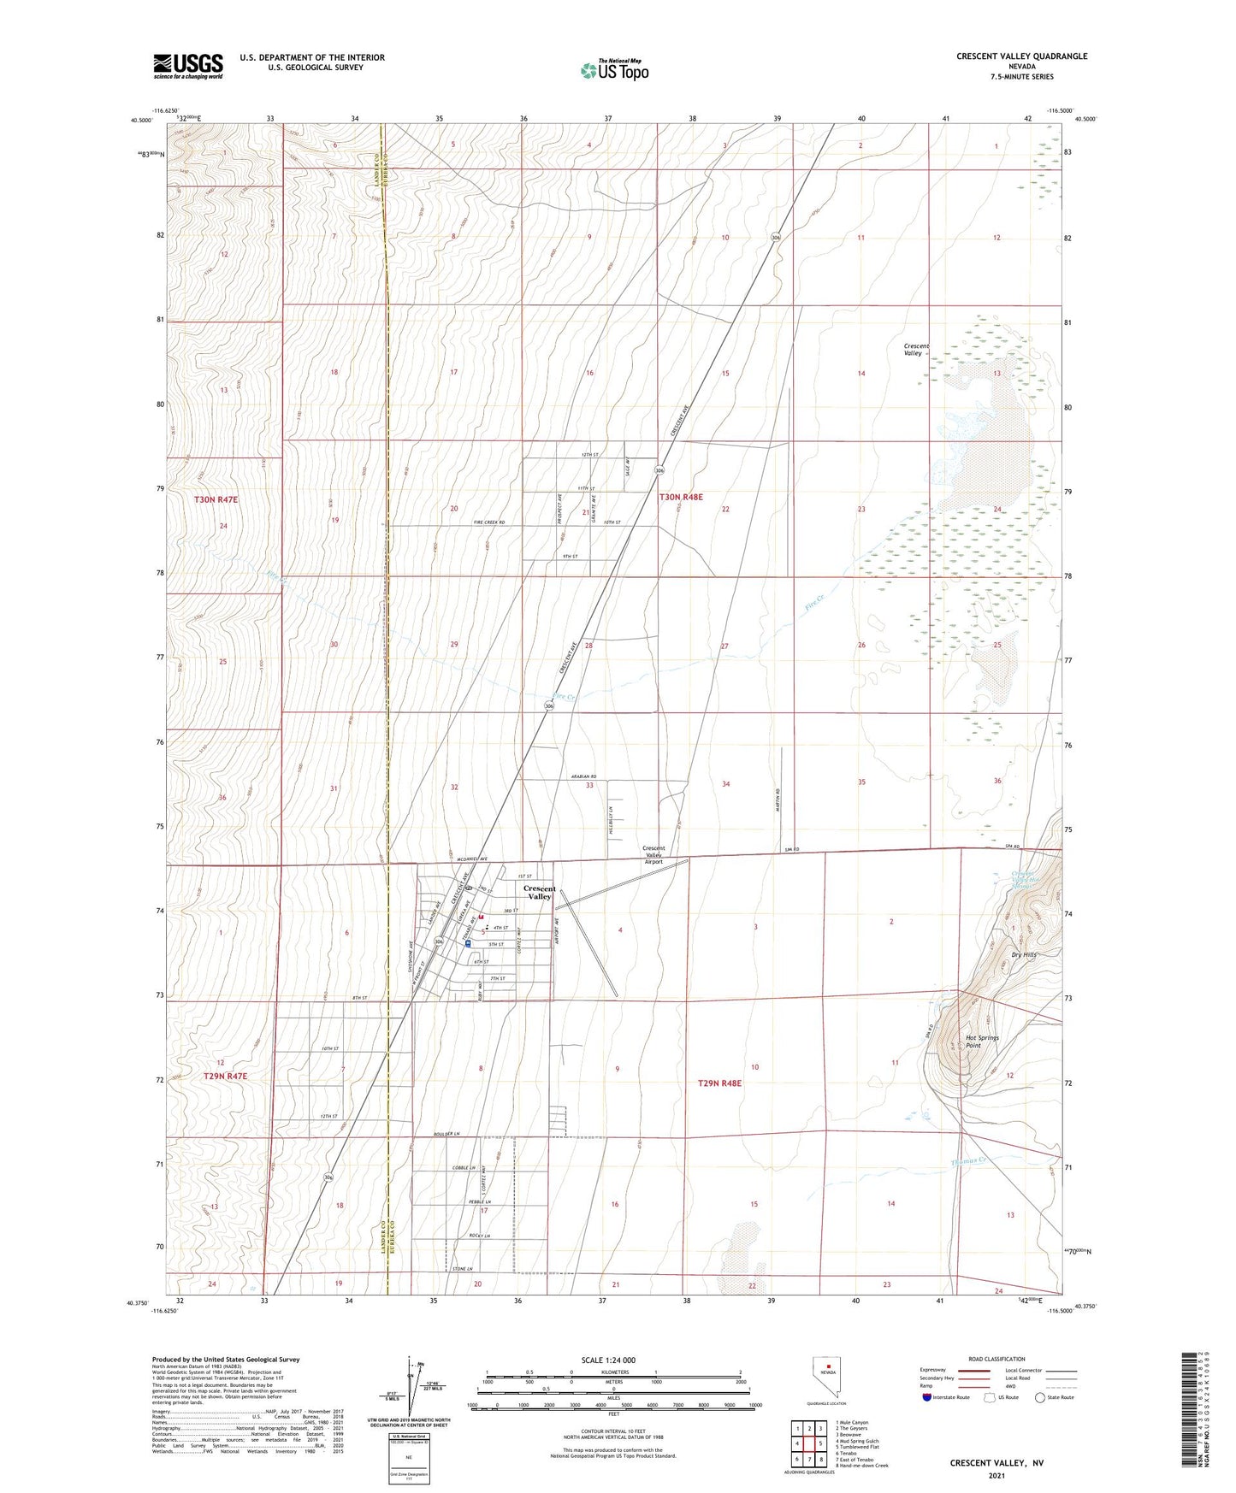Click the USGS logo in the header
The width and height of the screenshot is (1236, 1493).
pos(188,65)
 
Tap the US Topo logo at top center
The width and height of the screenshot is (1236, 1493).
pos(613,70)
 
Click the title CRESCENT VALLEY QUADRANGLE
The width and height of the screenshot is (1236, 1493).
pos(1021,56)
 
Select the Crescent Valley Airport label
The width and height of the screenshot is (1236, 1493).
pos(653,855)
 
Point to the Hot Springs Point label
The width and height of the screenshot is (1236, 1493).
pos(982,1042)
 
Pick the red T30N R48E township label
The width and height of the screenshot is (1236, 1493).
pos(681,496)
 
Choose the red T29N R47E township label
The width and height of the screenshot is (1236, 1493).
pos(225,1077)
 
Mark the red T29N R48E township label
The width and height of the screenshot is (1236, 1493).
pos(719,1083)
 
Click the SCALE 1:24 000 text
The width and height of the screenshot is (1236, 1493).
pos(608,1360)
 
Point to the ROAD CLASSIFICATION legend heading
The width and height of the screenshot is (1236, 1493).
pos(997,1360)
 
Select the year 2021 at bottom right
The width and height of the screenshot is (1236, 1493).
pos(996,1475)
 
